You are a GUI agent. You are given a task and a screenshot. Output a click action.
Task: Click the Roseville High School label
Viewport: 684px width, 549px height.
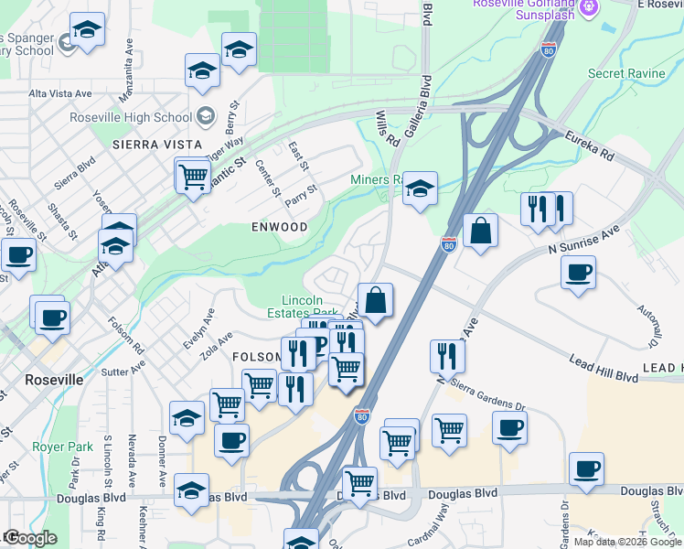coord(131,117)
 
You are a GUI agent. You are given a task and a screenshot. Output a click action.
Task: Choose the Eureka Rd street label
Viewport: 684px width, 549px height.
coord(587,145)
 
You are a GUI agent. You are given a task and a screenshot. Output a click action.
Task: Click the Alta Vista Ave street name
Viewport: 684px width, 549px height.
coord(60,93)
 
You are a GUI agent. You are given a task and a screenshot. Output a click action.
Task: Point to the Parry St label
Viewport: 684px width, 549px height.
coord(300,195)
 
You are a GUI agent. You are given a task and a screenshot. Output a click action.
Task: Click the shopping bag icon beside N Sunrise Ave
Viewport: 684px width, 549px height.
coord(481,231)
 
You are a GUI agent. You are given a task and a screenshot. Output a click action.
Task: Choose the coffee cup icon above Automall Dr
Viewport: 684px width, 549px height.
coord(578,273)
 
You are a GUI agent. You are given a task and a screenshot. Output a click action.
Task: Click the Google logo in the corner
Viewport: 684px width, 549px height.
coord(31,538)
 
